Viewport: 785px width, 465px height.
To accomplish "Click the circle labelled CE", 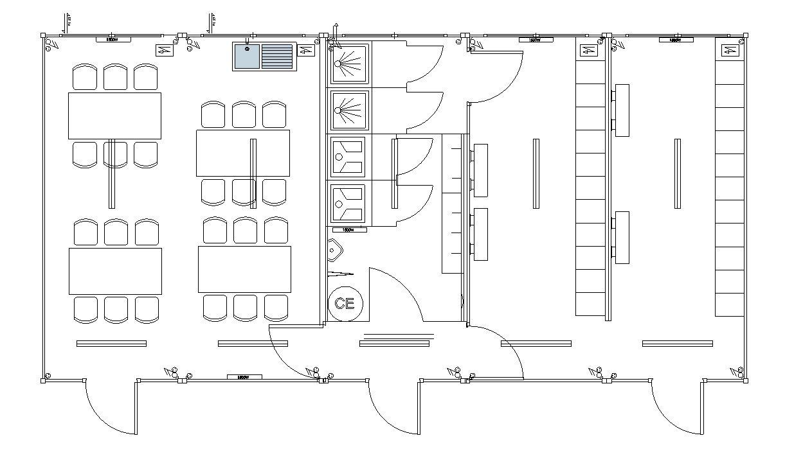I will click(345, 303).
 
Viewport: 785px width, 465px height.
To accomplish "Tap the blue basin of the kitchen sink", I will click(246, 56).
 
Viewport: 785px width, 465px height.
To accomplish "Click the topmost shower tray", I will click(349, 64).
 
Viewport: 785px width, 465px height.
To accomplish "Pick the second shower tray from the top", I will click(349, 110).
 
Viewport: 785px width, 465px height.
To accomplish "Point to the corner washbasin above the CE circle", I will click(335, 251).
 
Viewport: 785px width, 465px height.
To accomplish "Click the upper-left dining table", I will click(114, 116).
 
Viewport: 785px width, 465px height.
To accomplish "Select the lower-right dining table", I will click(244, 269).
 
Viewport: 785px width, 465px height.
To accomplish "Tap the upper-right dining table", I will click(242, 153).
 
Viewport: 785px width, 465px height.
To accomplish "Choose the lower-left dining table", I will click(115, 271).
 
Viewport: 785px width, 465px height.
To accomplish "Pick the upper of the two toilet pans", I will click(348, 157).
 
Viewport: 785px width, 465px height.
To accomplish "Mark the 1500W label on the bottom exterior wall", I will click(244, 377).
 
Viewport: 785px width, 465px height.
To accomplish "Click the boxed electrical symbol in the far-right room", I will click(729, 50).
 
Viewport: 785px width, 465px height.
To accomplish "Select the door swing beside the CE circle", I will click(395, 295).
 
